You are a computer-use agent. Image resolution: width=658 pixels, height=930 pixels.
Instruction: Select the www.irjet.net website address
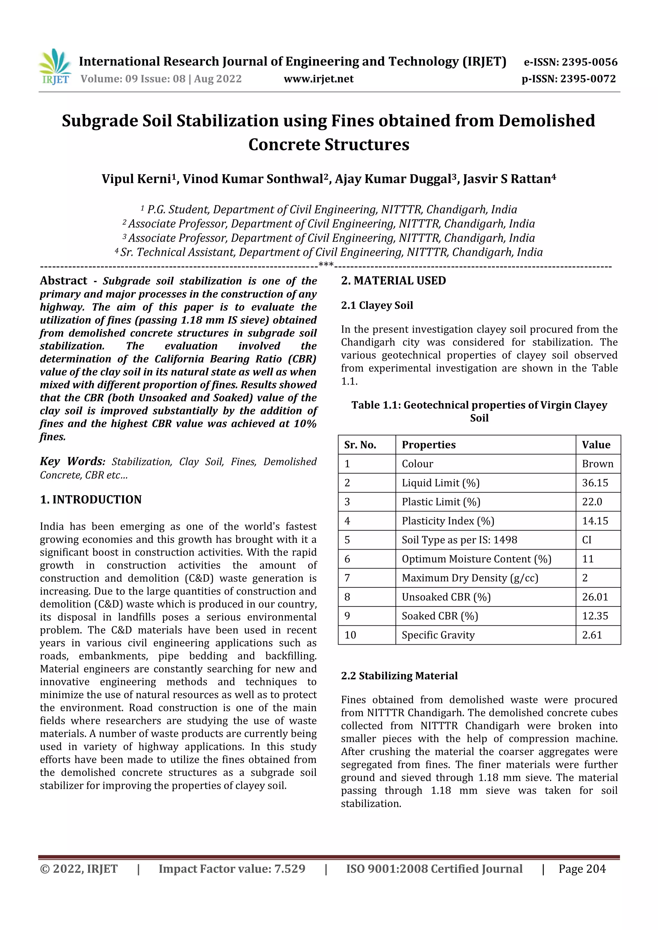tap(318, 79)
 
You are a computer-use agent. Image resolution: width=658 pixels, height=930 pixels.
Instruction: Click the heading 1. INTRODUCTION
tap(91, 500)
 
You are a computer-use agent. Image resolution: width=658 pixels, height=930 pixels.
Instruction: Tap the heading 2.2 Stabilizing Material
tap(399, 676)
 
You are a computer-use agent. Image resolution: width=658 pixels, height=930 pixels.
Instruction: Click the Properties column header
tap(429, 445)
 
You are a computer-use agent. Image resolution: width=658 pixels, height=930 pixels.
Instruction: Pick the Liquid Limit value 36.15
tap(595, 483)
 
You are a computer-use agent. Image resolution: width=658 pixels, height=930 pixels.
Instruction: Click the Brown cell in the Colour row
tap(597, 464)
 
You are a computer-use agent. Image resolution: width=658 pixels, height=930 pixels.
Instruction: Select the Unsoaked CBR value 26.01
tap(595, 597)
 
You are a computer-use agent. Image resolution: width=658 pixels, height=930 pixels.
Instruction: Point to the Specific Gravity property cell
tap(438, 635)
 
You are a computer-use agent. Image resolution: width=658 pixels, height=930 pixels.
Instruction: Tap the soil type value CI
tap(587, 540)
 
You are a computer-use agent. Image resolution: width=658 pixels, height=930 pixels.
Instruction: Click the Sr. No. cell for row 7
tap(347, 578)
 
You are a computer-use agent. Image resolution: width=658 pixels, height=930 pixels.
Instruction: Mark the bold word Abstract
tap(64, 281)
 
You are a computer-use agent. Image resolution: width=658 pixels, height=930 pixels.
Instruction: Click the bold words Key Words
tap(72, 461)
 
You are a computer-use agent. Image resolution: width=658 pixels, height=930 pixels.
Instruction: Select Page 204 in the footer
tap(582, 869)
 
